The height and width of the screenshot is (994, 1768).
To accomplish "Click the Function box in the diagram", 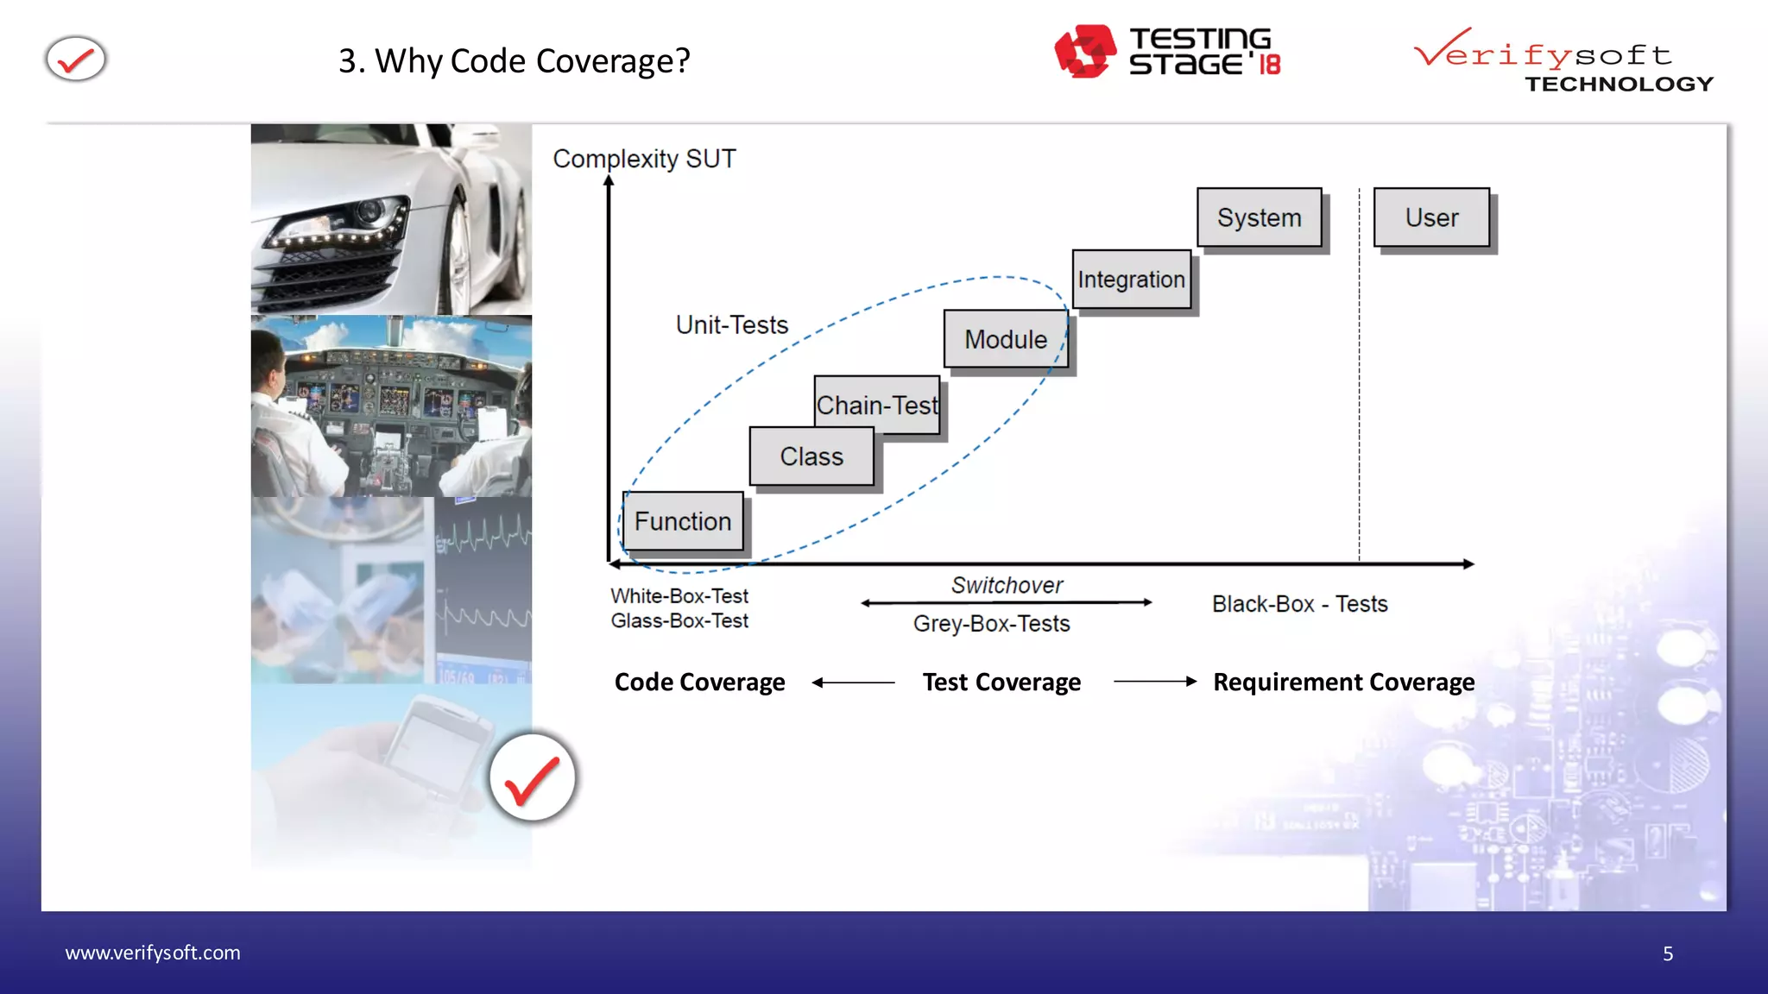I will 683,521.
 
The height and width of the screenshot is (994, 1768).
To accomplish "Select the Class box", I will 811,456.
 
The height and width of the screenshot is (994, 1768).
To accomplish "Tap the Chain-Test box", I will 877,405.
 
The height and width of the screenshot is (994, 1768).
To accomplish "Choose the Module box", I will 1006,339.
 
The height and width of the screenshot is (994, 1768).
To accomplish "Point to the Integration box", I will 1131,280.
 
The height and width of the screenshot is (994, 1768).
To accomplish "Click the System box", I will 1259,217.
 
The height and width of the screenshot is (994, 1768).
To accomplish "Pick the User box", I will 1431,217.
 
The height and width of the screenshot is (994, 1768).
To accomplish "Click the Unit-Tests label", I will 732,324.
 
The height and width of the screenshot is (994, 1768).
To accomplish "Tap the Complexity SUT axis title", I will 644,159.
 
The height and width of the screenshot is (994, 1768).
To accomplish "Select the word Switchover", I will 1007,585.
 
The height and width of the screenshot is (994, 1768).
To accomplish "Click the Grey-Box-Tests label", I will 991,623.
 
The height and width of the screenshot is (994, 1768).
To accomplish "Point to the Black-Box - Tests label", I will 1299,604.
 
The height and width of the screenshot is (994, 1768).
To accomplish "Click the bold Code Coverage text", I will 699,682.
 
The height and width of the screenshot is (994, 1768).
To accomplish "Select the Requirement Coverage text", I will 1343,682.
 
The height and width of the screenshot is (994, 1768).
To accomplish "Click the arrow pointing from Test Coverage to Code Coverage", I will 853,683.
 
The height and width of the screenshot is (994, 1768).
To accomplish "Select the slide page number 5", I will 1668,953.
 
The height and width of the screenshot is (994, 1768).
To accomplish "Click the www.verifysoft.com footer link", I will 153,953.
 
